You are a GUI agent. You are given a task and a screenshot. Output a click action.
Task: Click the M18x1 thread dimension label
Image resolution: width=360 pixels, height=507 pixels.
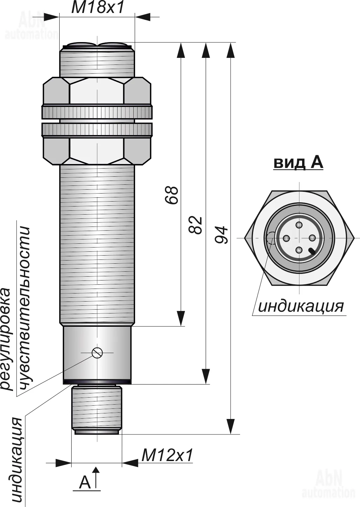tap(98, 8)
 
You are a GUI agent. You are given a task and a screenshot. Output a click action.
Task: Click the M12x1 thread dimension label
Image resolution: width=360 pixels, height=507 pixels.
tap(167, 455)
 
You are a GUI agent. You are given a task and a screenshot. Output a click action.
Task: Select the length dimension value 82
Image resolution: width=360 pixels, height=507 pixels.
tap(196, 225)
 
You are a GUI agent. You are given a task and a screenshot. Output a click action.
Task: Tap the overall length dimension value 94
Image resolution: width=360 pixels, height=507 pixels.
tap(222, 235)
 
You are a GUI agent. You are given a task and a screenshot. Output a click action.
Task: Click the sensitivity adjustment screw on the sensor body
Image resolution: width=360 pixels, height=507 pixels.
tap(97, 352)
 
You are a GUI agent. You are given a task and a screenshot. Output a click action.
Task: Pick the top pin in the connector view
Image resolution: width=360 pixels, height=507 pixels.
tap(299, 225)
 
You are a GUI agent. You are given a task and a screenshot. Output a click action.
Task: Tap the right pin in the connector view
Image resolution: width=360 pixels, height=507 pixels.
tap(312, 238)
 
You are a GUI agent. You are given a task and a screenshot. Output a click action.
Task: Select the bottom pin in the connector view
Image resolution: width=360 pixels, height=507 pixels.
tap(299, 250)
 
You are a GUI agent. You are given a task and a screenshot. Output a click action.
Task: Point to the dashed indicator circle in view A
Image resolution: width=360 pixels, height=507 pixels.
tap(271, 238)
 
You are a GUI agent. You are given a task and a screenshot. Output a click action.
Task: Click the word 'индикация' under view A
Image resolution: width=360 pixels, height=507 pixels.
tap(301, 306)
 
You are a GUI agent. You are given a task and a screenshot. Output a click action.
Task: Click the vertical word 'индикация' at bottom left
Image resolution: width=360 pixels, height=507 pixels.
tap(17, 461)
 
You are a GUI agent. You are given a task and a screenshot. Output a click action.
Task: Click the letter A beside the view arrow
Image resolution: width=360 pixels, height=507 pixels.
tap(85, 482)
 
